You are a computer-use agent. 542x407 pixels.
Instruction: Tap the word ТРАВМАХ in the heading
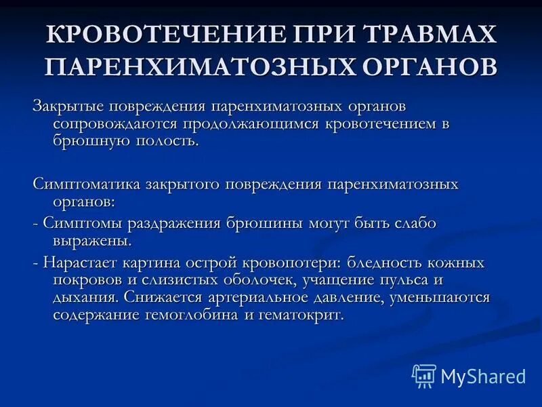425,36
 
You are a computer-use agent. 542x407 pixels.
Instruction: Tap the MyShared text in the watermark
483,376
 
